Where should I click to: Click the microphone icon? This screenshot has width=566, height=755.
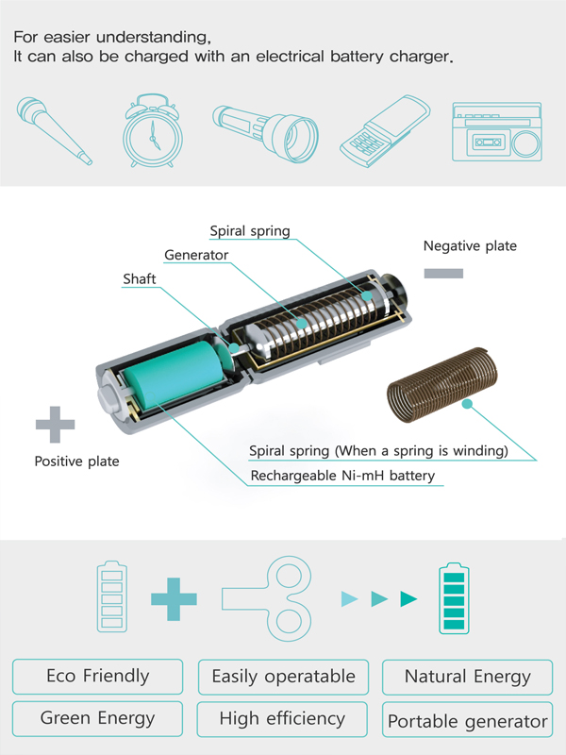pos(53,130)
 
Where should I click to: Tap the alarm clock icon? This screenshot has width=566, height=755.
pos(152,130)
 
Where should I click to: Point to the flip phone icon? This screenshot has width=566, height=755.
pos(385,131)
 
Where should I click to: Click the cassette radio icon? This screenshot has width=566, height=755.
pos(497,131)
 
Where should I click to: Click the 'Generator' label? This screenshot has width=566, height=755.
pos(196,255)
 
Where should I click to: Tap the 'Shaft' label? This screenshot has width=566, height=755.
pos(140,278)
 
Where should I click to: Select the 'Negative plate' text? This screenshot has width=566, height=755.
pos(470,246)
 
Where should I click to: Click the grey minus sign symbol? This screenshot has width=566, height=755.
pos(443,274)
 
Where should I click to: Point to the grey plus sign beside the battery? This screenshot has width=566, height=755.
pos(56,424)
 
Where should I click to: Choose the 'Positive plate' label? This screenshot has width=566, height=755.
pos(77,461)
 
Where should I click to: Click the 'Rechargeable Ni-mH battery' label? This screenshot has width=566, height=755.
pos(342,476)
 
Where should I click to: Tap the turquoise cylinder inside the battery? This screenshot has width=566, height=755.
pos(175,374)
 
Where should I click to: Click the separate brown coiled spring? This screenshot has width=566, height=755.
pos(442,385)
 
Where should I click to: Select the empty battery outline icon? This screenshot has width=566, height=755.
pos(112,596)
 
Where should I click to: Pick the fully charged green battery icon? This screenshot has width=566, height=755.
pos(454,598)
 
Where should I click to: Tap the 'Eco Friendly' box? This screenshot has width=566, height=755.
pos(98,677)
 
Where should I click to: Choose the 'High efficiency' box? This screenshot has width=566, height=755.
pos(282,719)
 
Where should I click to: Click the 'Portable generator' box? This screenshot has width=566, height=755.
pos(467,720)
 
